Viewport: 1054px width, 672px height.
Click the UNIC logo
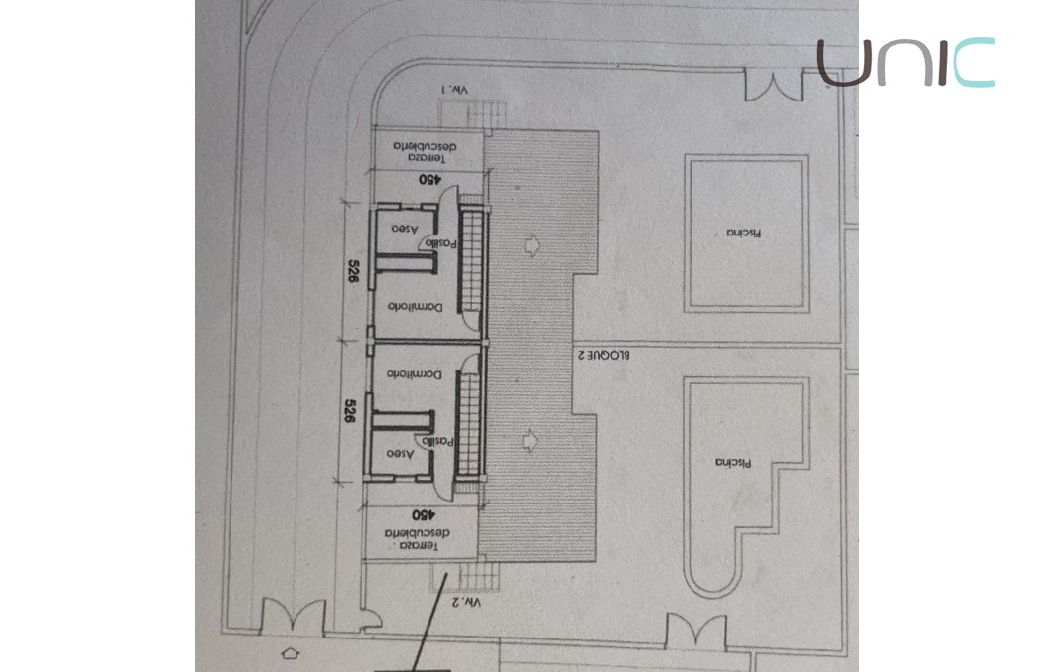(x=905, y=62)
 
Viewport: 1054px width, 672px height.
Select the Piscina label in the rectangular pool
(x=747, y=233)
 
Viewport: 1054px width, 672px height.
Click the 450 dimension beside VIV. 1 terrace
(x=429, y=180)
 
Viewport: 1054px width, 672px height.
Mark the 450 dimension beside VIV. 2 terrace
(x=422, y=513)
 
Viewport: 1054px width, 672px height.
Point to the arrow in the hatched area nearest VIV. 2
(x=533, y=437)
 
